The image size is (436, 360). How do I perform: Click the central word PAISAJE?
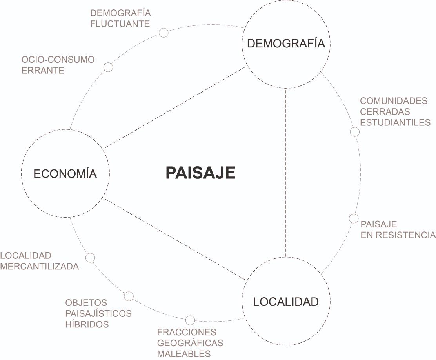(200, 173)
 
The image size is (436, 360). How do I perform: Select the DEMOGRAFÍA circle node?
(286, 44)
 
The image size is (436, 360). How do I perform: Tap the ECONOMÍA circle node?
(65, 173)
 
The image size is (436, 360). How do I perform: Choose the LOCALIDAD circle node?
(286, 302)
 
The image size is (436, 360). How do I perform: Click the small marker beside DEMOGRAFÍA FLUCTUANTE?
(163, 33)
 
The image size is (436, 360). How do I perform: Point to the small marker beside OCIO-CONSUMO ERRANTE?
(108, 67)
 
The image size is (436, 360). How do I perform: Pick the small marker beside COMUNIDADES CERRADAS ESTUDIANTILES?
(354, 131)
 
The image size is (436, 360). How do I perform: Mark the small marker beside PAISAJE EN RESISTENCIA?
(353, 218)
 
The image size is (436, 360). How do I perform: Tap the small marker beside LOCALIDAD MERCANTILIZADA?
(90, 258)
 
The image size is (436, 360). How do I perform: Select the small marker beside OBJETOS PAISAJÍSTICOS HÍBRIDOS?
(129, 296)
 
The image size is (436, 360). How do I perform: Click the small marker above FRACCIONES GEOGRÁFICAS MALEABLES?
(190, 320)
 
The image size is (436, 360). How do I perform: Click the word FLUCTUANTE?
(120, 24)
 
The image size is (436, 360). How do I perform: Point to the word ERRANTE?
(43, 71)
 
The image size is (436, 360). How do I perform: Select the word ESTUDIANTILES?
(395, 122)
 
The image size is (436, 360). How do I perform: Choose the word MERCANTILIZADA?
(40, 267)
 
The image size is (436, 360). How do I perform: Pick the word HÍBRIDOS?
(87, 324)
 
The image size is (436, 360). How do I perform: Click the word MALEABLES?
(184, 353)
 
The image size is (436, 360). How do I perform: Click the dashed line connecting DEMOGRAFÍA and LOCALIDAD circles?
(286, 173)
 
